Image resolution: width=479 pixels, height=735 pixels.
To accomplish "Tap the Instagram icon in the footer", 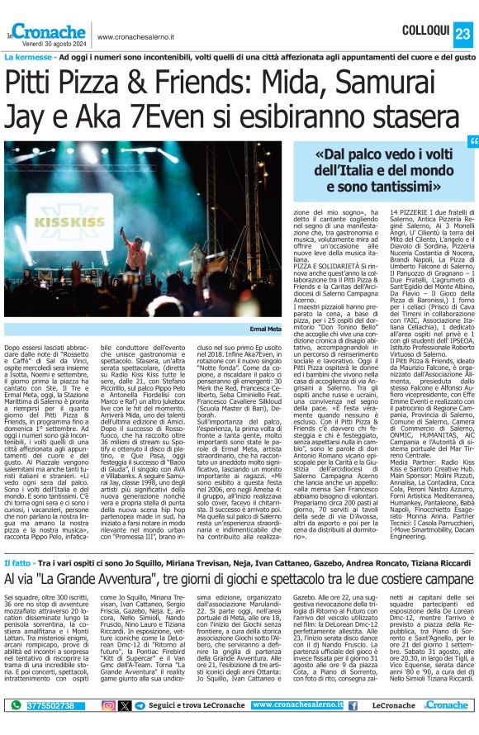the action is click(108, 705).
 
